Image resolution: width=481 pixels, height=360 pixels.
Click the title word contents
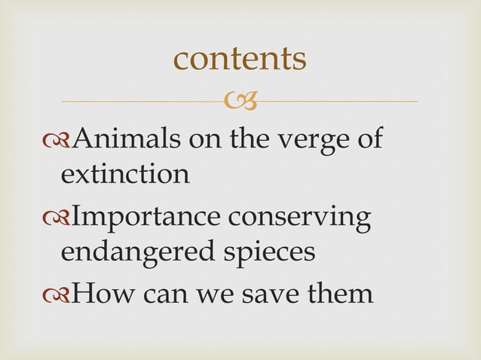240,59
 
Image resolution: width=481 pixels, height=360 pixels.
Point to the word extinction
124,175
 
